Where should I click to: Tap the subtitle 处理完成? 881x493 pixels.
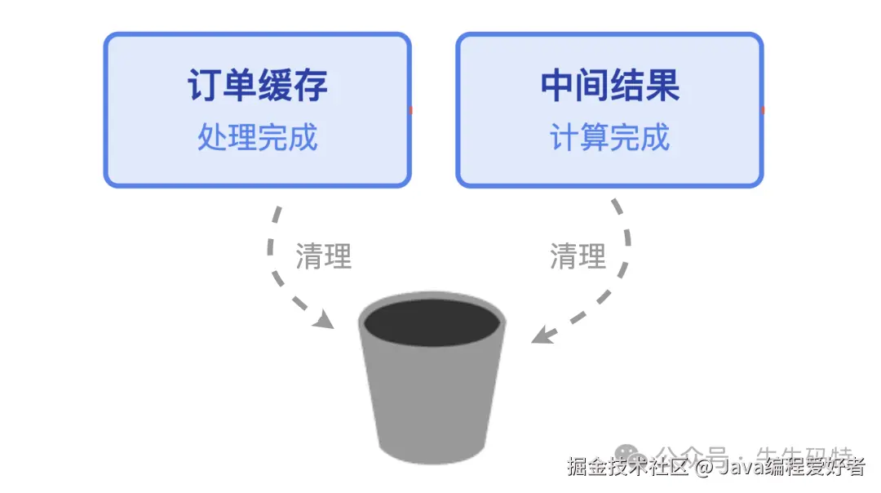click(258, 137)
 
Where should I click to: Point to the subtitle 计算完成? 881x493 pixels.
click(610, 137)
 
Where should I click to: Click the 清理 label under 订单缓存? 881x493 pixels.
click(323, 256)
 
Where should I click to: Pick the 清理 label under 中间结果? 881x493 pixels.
click(578, 256)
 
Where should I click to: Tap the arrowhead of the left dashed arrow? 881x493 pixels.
click(325, 319)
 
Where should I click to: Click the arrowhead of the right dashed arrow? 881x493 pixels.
click(541, 335)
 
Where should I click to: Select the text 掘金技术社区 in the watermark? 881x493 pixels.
click(629, 468)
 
